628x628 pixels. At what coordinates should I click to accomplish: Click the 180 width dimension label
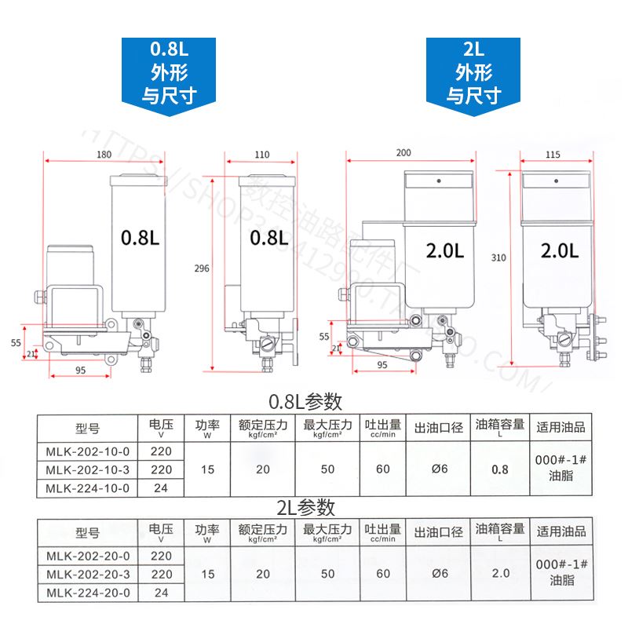pos(104,155)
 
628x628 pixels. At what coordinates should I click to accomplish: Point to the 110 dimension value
pos(261,155)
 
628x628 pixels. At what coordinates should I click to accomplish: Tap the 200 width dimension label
pos(404,152)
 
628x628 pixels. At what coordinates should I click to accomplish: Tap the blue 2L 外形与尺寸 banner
pos(473,73)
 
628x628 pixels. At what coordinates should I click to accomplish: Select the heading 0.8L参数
pos(306,402)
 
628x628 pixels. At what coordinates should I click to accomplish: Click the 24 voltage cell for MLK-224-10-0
pos(161,487)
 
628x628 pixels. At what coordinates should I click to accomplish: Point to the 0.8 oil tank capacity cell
pos(500,469)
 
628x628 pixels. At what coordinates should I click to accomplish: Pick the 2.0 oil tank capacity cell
pos(500,574)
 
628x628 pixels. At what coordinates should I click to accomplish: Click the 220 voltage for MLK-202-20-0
pos(161,556)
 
